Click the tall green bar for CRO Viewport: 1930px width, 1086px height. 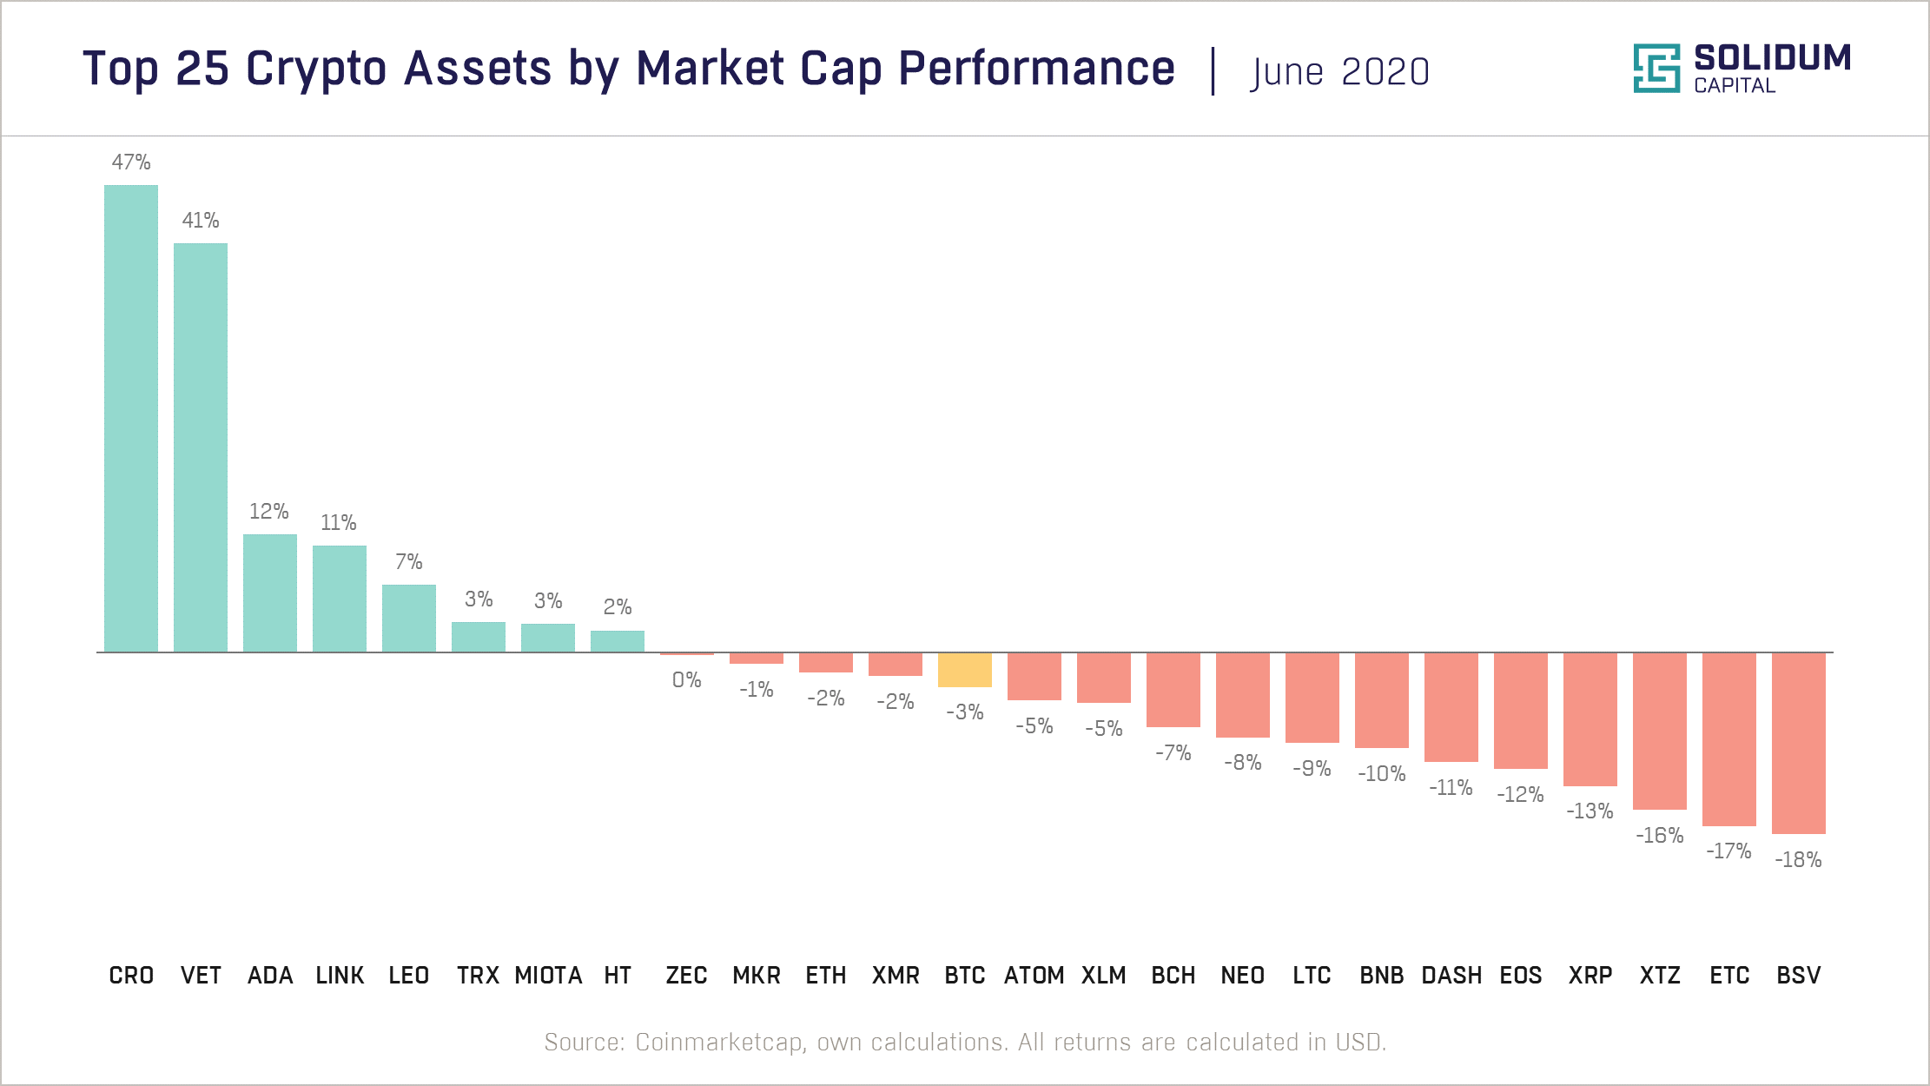131,418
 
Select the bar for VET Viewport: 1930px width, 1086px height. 201,447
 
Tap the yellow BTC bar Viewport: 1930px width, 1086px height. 964,670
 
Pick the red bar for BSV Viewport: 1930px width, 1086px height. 1798,743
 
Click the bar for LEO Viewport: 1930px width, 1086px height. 409,618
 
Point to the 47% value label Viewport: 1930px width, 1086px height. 131,162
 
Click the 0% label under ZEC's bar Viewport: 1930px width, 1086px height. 686,680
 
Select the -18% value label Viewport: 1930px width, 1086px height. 1798,860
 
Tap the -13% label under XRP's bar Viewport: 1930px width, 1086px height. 1590,811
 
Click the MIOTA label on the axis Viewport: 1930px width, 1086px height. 548,976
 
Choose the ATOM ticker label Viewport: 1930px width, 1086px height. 1034,976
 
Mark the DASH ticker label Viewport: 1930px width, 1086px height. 1451,976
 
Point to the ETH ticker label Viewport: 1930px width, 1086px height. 825,976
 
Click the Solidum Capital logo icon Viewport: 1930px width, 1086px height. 1656,68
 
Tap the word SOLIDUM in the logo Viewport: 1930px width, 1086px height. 1772,58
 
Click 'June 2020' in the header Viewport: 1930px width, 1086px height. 1339,72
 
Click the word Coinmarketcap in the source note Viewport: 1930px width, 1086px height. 720,1042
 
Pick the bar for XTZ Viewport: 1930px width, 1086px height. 1659,731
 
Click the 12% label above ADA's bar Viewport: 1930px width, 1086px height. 269,512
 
